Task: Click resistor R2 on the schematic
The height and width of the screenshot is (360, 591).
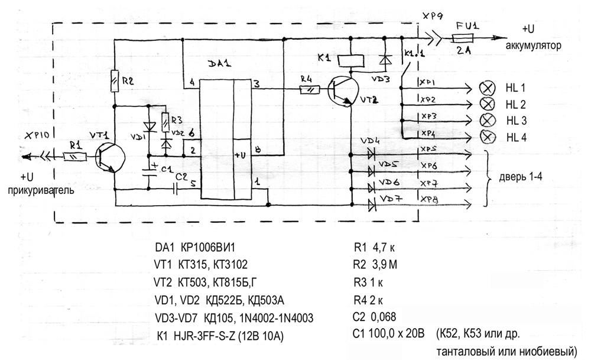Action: click(x=115, y=79)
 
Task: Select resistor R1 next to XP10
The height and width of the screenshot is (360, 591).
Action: click(x=74, y=157)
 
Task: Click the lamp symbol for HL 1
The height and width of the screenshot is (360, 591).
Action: click(x=488, y=88)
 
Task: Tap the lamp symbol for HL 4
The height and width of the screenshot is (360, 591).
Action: click(x=488, y=137)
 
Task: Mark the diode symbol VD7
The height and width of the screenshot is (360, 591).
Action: click(x=372, y=205)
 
